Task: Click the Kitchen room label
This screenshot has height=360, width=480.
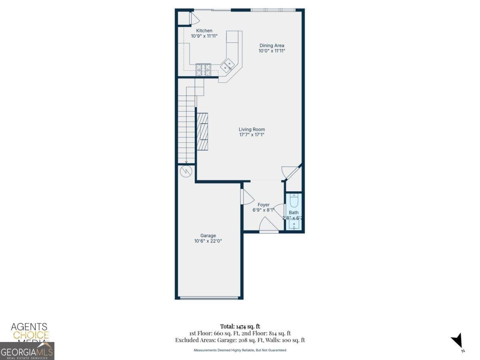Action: pos(204,31)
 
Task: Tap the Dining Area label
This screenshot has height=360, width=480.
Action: pos(272,46)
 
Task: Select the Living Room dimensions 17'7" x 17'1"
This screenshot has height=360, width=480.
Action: pos(252,135)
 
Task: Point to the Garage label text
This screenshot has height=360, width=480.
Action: pos(208,236)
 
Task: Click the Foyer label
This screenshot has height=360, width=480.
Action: pos(263,205)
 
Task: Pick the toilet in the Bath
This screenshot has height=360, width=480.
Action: pos(294,200)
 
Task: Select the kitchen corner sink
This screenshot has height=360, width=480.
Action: pos(229,65)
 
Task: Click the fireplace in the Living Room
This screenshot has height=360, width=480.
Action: pos(202,131)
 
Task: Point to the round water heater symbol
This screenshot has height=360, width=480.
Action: pos(186,171)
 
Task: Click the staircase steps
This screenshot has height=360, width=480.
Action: pos(186,128)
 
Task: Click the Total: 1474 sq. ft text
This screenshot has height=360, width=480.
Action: pos(240,326)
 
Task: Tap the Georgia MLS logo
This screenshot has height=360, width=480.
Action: pos(27,351)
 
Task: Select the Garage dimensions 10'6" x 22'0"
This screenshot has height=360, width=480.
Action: pos(208,241)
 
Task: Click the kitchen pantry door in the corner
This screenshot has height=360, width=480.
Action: pos(190,18)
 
